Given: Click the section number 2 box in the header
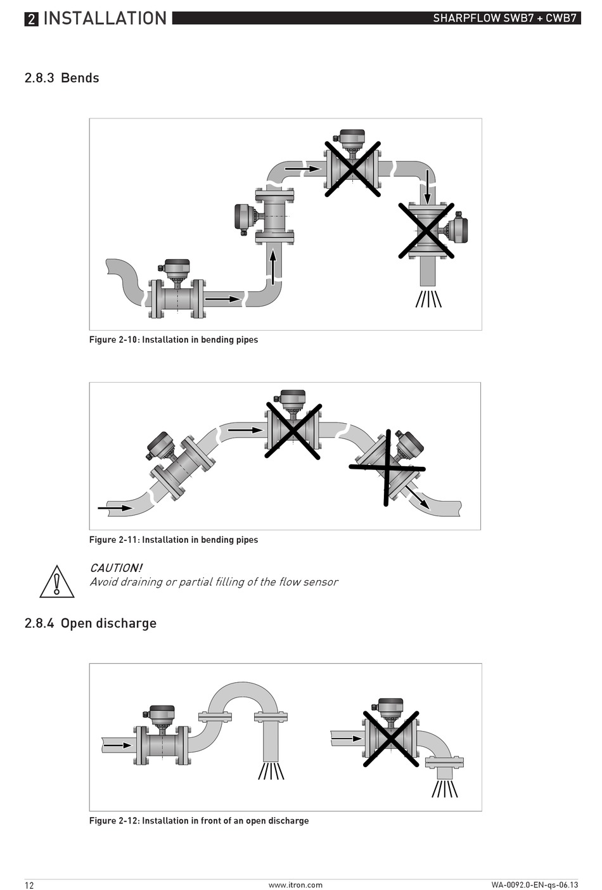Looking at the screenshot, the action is pos(31,19).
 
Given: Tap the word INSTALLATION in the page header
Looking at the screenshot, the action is pos(105,18).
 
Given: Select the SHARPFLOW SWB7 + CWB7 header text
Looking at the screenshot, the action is pos(504,18).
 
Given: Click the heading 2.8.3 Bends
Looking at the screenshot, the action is pos(62,78).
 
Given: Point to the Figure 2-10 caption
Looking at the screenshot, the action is pos(174,340).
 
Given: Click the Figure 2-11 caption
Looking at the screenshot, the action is pos(174,540).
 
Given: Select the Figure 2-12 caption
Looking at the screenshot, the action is pos(199,820).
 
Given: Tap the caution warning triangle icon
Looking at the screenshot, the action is pos(57,582).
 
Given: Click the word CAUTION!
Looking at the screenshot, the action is pos(116,568).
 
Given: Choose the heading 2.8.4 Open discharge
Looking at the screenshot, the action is pos(91,623).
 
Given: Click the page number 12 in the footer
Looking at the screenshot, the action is pos(30,885).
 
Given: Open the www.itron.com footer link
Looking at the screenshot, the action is pos(295,885).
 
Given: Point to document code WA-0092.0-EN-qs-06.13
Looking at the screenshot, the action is pos(534,885).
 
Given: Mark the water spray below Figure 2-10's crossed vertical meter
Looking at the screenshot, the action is pos(428,298).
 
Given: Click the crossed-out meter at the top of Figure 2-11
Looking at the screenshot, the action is pos(292,428).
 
